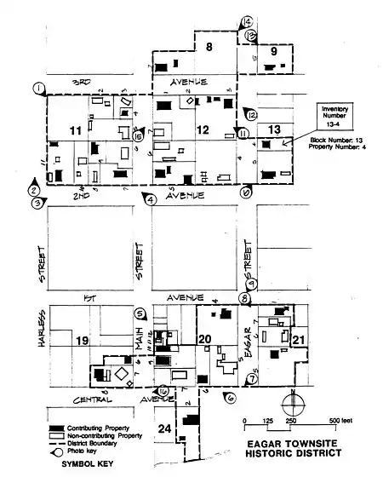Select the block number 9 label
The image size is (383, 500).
(x=274, y=53)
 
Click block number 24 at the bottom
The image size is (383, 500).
(x=165, y=428)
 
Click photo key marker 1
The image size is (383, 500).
(x=38, y=88)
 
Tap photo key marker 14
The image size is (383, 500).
(x=247, y=21)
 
